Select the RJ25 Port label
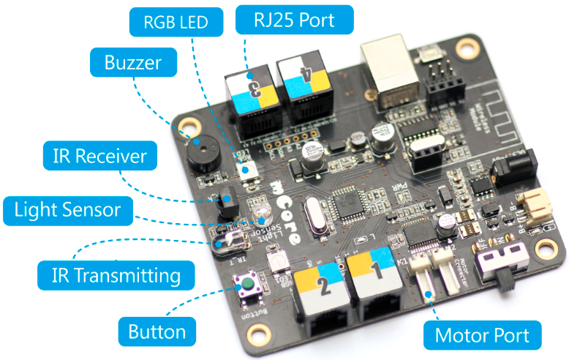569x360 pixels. pos(294,20)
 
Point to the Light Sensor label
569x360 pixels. pos(67,211)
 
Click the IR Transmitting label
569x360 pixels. pos(116,275)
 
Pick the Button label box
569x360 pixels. pos(157,331)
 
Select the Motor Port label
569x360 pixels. pos(482,336)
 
